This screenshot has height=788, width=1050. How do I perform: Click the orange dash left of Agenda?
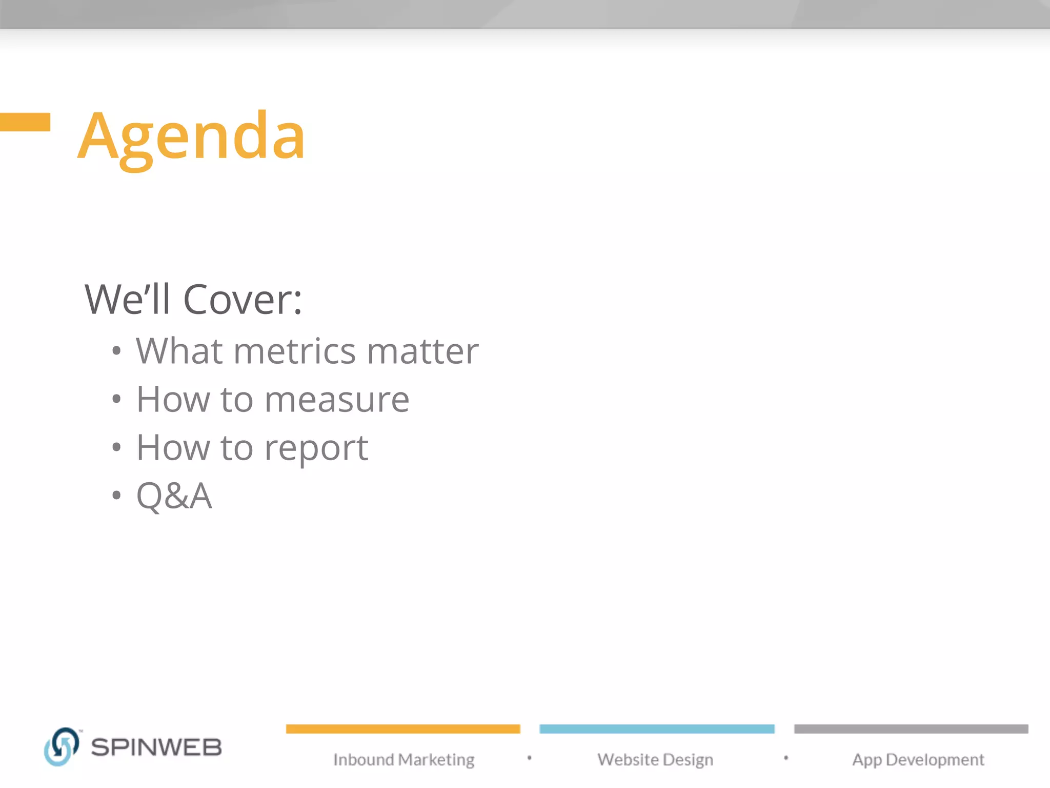(25, 122)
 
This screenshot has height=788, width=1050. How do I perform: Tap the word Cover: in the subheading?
(243, 300)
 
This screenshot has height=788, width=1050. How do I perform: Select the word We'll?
(128, 300)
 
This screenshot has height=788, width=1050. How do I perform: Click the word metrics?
(295, 351)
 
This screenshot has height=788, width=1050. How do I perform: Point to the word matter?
(423, 351)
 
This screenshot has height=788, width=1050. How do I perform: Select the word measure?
(337, 400)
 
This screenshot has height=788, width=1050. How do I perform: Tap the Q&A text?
(174, 496)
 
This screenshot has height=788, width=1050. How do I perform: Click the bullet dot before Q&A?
(116, 496)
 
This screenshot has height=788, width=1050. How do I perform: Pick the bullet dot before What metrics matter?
(116, 351)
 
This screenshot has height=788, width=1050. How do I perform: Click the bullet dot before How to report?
(116, 447)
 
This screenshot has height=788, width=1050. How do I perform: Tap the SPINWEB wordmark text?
(156, 747)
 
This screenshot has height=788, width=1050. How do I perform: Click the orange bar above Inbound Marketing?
(403, 729)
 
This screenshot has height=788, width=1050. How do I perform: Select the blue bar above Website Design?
(657, 729)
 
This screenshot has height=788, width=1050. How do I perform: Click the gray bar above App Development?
(911, 729)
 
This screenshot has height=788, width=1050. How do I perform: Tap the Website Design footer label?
(655, 760)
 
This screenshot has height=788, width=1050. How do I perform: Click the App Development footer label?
(918, 760)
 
